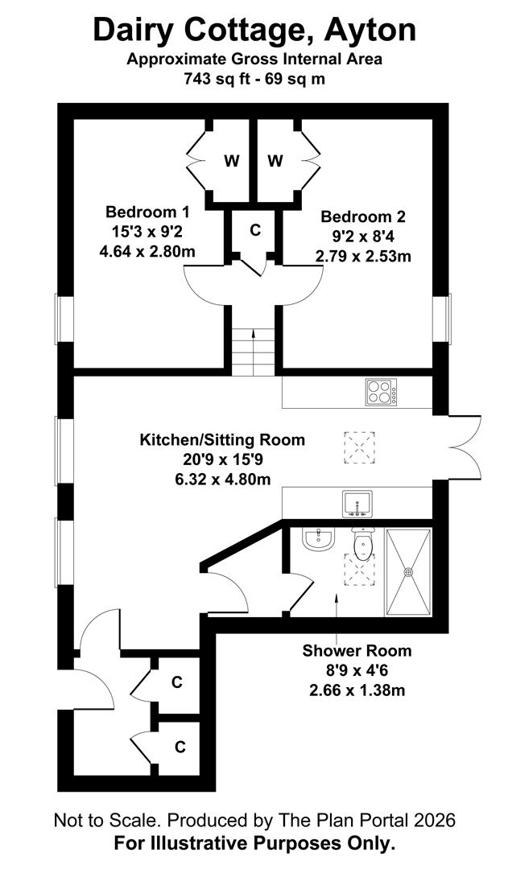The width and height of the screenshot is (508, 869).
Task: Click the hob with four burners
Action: pyautogui.click(x=381, y=393)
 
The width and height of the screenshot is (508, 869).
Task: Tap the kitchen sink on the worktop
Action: pyautogui.click(x=357, y=504)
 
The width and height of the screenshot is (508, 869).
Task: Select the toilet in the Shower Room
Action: pyautogui.click(x=364, y=544)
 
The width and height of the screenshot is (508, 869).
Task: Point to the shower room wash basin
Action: pyautogui.click(x=320, y=538)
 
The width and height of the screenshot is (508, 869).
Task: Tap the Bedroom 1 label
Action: pyautogui.click(x=147, y=212)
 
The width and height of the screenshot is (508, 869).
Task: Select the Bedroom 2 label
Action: pyautogui.click(x=363, y=216)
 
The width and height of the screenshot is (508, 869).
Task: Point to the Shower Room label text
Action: pyautogui.click(x=357, y=651)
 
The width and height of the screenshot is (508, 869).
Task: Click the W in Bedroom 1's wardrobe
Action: pyautogui.click(x=232, y=161)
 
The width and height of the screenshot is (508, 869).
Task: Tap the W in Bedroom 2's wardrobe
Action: pyautogui.click(x=275, y=161)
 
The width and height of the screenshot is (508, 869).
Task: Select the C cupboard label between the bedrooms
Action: pyautogui.click(x=255, y=230)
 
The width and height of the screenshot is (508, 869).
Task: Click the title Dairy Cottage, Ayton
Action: pyautogui.click(x=254, y=30)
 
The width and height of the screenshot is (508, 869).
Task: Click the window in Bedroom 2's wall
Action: pyautogui.click(x=442, y=319)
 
